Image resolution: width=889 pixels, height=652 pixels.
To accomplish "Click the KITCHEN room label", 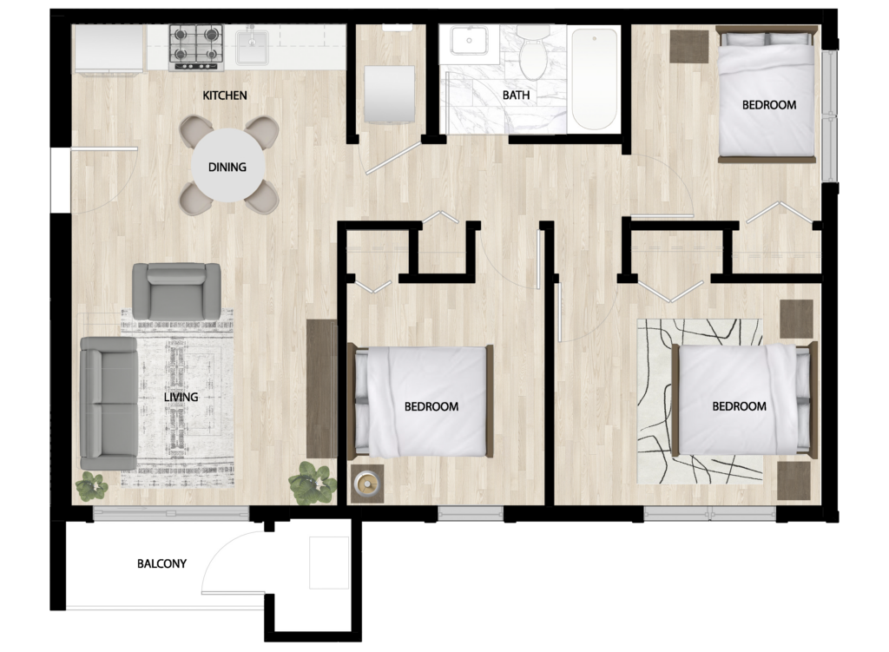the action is [225, 95].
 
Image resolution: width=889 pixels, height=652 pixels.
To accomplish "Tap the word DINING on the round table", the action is [227, 167].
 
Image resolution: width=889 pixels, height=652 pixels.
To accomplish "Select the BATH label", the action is [516, 95].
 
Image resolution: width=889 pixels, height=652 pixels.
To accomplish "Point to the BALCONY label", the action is [161, 563].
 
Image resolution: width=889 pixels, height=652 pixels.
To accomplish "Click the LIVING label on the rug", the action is [181, 397].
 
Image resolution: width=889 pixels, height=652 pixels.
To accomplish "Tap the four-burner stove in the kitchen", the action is [196, 48].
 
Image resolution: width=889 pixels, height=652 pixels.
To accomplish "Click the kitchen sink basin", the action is [253, 48].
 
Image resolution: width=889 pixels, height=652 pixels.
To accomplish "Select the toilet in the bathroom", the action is [533, 52].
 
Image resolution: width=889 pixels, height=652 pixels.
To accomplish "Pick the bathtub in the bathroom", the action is [594, 79].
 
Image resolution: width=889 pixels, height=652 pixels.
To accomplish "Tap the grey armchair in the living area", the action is [176, 292].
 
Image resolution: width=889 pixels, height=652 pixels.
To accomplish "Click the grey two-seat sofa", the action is [109, 403].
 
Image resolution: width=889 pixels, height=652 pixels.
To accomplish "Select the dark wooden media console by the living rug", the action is [321, 388].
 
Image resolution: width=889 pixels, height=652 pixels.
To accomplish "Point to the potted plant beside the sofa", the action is [91, 486].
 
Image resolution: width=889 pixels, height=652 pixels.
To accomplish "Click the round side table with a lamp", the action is [367, 484].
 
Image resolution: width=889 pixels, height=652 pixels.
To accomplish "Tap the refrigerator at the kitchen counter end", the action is [109, 49].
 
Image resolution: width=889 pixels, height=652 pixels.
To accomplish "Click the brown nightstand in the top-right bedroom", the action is [688, 47].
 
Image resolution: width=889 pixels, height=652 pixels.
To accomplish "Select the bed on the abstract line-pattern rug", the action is [744, 398].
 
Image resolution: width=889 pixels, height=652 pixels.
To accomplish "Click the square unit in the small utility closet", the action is [389, 94].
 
